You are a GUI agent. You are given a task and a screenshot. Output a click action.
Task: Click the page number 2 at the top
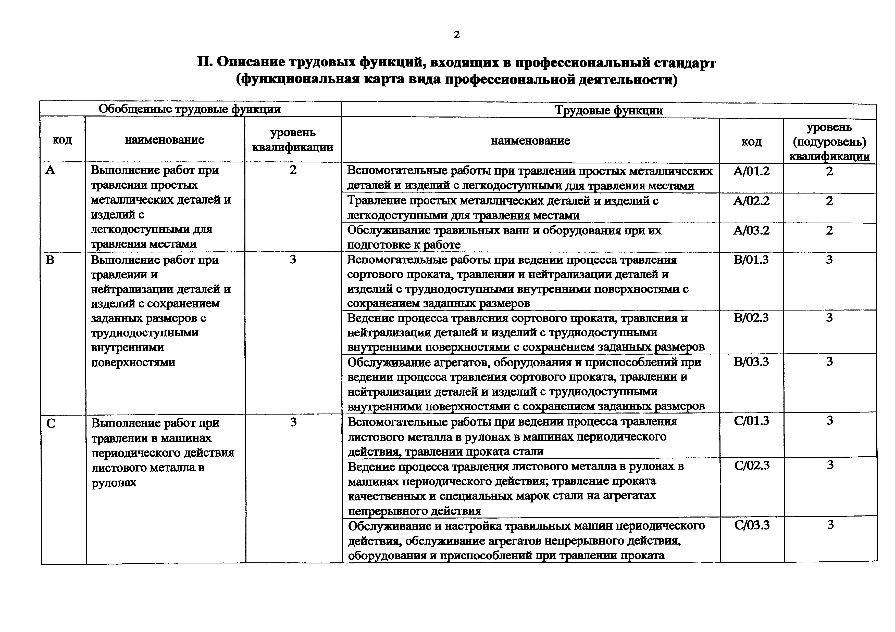(457, 35)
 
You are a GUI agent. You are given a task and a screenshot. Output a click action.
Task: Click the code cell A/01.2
(751, 171)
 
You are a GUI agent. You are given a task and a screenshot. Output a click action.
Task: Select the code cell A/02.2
(751, 201)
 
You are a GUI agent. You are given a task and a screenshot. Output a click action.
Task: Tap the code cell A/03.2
(751, 230)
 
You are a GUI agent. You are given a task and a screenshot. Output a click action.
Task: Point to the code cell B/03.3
(751, 362)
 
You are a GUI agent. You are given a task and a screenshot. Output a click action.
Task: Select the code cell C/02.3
(752, 465)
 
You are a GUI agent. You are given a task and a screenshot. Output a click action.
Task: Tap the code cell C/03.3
(752, 525)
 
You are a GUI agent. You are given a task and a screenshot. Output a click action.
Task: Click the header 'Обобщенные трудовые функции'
(190, 109)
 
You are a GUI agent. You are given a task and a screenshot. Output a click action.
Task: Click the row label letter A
(50, 170)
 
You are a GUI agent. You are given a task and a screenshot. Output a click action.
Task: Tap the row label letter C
(51, 423)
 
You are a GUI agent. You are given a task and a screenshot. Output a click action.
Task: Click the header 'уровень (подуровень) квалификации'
(829, 142)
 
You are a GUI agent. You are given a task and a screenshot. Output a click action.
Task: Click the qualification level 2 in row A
(293, 170)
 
